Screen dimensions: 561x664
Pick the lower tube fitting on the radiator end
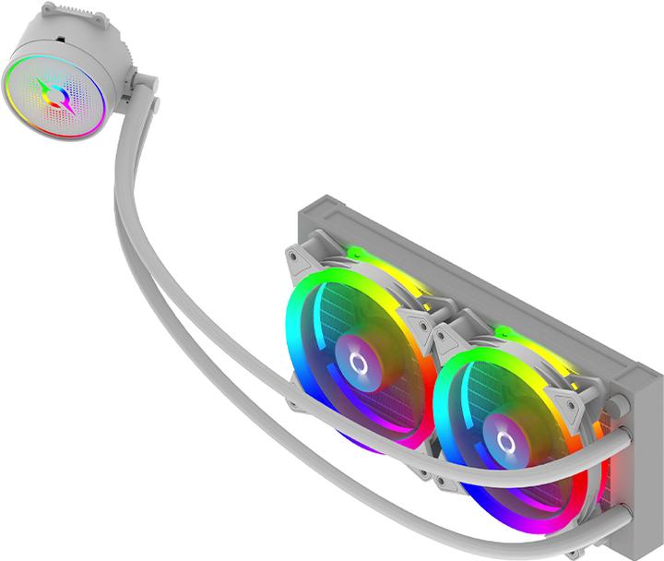619,504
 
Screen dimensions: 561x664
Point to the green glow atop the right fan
503,329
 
